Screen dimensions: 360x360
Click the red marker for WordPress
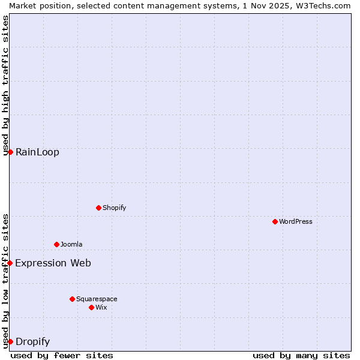tap(275, 221)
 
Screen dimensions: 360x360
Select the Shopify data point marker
tap(98, 208)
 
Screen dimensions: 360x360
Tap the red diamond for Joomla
tap(56, 244)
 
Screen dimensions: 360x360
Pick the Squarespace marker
tap(72, 299)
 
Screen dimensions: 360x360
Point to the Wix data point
tap(91, 307)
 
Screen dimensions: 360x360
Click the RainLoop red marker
tap(10, 152)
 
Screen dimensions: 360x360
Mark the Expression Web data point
tap(10, 263)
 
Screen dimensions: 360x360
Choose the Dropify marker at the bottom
tap(10, 341)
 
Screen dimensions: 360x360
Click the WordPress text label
tap(296, 221)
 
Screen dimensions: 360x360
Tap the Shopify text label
tap(114, 208)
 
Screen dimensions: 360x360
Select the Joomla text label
tap(71, 244)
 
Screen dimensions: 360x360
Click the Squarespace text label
tap(97, 299)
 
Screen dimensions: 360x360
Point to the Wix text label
tap(101, 307)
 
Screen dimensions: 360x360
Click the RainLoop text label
tap(37, 152)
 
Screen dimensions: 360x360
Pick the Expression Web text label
tap(53, 263)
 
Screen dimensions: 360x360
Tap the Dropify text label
tap(32, 342)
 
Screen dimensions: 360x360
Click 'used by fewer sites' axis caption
tap(62, 355)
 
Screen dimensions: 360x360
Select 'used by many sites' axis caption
tap(301, 355)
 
